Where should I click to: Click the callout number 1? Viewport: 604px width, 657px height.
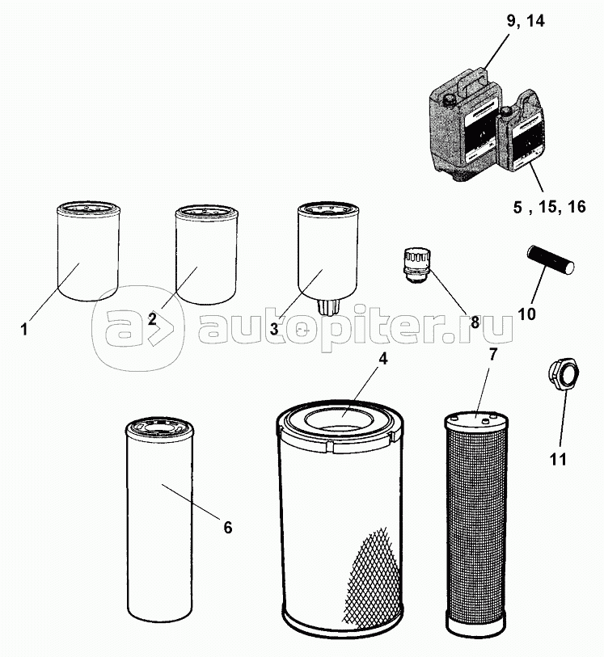(24, 329)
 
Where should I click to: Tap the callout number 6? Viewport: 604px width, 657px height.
(227, 528)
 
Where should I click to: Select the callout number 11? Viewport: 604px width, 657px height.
(558, 459)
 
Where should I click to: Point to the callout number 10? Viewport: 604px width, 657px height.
(527, 314)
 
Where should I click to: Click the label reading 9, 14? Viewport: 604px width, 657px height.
(526, 20)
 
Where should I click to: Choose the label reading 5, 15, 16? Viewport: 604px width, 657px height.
(550, 207)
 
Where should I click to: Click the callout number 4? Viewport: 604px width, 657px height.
(382, 359)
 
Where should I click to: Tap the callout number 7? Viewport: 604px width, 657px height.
(493, 354)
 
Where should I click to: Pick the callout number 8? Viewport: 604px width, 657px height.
(475, 322)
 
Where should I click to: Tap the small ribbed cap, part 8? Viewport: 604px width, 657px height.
(416, 267)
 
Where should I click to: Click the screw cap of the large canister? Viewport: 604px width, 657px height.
(450, 100)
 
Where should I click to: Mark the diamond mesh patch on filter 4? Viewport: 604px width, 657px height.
(370, 580)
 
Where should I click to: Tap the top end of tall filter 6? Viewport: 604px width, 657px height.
(159, 428)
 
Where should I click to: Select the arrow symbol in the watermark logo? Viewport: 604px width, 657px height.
(160, 328)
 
